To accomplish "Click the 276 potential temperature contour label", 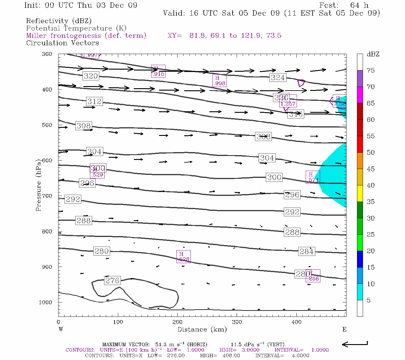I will pyautogui.click(x=112, y=280).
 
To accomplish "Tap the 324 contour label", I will pyautogui.click(x=277, y=78).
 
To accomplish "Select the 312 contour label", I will pyautogui.click(x=94, y=101).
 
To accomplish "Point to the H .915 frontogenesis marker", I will pyautogui.click(x=158, y=71).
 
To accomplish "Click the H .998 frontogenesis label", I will pyautogui.click(x=219, y=81).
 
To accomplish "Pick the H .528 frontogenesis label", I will pyautogui.click(x=183, y=257).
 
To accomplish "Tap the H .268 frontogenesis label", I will pyautogui.click(x=313, y=276).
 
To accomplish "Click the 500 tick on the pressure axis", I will pyautogui.click(x=47, y=125).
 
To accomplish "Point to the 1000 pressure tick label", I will pyautogui.click(x=46, y=302).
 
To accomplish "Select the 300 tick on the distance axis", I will pyautogui.click(x=237, y=322).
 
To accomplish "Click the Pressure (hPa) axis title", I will pyautogui.click(x=38, y=185).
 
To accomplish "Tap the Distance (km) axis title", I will pyautogui.click(x=202, y=329).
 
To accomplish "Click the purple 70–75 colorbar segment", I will pyautogui.click(x=360, y=79).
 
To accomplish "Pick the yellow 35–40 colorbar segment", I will pyautogui.click(x=360, y=193).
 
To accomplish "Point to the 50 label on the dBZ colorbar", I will pyautogui.click(x=370, y=153).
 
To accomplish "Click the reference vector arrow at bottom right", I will pyautogui.click(x=355, y=344).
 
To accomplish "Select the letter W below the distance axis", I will pyautogui.click(x=61, y=329).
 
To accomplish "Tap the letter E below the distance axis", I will pyautogui.click(x=344, y=329).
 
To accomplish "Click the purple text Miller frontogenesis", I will pyautogui.click(x=86, y=36).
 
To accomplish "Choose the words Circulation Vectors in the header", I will pyautogui.click(x=62, y=43).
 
